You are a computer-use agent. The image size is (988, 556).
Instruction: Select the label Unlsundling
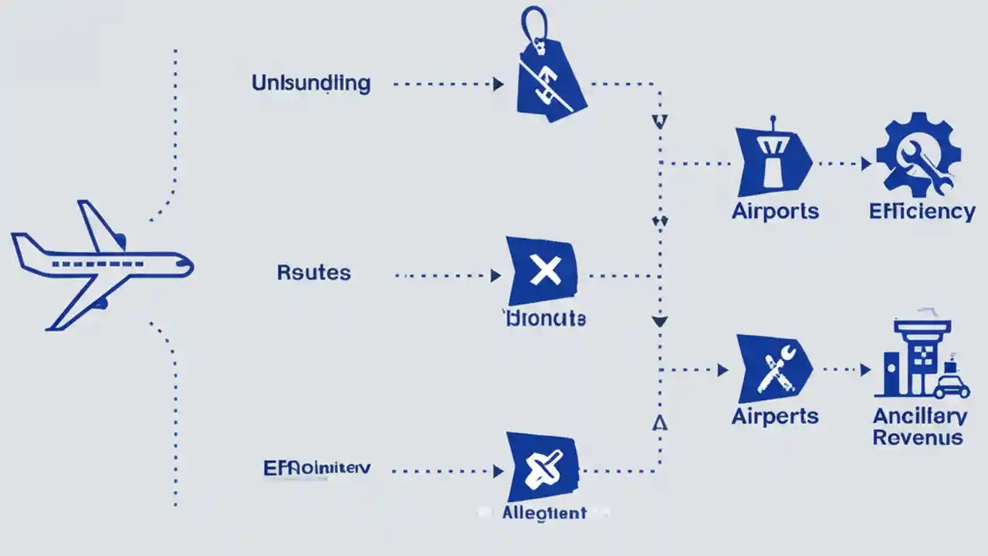coord(311,83)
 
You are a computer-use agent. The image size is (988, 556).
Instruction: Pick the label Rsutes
coord(313,273)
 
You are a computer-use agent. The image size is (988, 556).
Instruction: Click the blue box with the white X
coord(543,272)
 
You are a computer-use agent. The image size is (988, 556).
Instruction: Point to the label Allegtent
coord(543,513)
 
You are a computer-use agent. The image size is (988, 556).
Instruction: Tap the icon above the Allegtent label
coord(543,466)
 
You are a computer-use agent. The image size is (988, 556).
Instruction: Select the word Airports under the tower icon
coord(775,211)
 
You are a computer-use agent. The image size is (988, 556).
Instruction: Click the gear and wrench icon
coord(919,154)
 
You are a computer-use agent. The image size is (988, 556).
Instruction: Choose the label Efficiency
coord(922,211)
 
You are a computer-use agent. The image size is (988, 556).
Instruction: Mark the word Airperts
coord(775,416)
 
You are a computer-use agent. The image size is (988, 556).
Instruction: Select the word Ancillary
coord(919,417)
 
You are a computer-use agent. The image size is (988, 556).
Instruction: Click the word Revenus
coord(919,438)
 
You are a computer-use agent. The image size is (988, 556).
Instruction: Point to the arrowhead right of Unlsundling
coord(499,83)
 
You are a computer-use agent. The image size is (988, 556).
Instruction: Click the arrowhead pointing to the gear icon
coord(866,164)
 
